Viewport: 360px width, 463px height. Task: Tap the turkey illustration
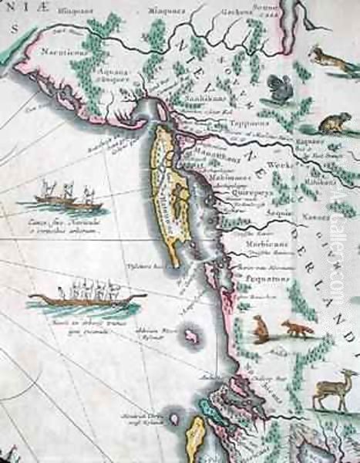(277, 87)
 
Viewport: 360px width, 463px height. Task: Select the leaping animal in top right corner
(327, 58)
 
